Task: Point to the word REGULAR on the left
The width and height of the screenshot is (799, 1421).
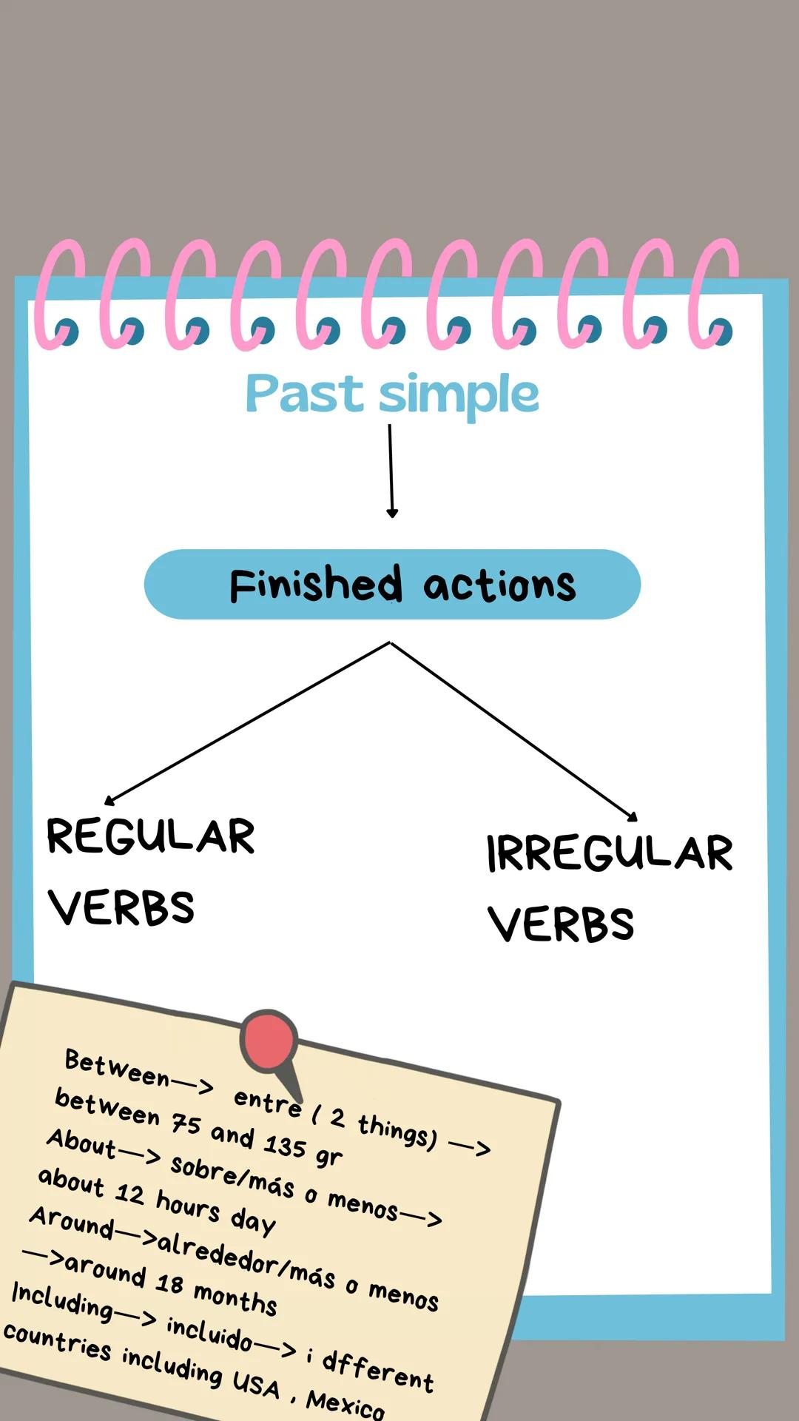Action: [x=151, y=836]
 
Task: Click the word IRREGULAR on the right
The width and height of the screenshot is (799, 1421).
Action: [x=610, y=853]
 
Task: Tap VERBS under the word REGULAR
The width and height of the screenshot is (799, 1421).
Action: [x=122, y=907]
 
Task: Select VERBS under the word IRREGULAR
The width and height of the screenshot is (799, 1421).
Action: [x=561, y=924]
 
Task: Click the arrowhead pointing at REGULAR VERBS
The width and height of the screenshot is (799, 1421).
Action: [x=109, y=800]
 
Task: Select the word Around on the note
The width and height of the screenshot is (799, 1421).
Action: [x=71, y=1222]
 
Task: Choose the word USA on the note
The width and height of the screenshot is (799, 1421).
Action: [x=256, y=1383]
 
